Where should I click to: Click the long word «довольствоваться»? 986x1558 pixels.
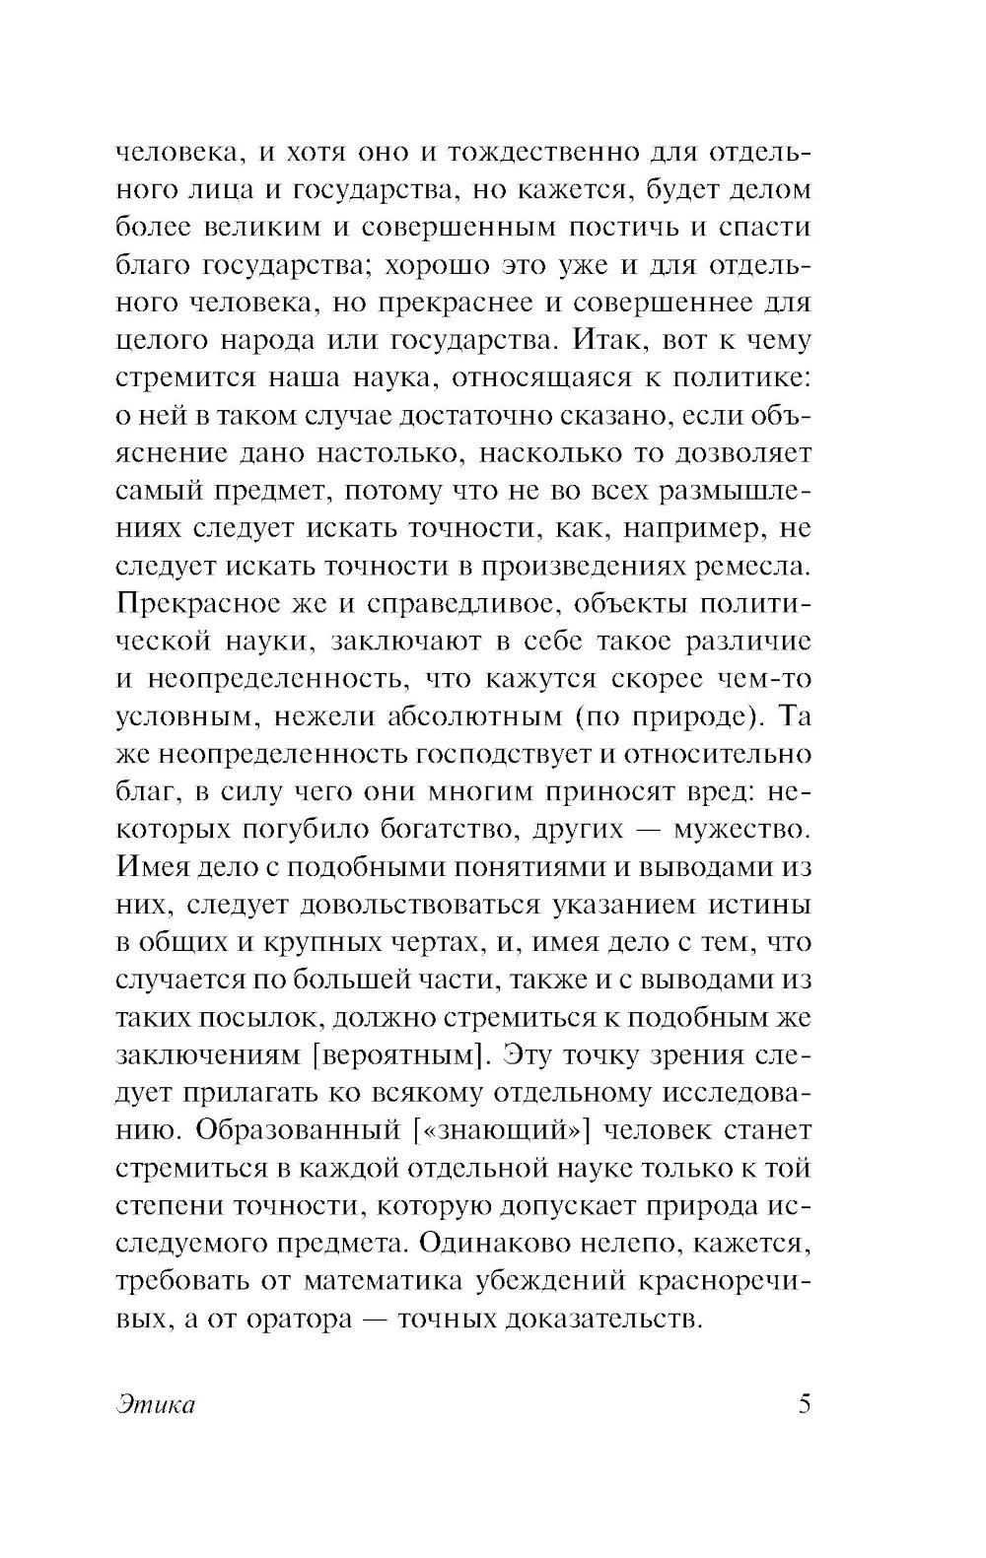(419, 905)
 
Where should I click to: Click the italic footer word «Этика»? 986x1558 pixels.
(155, 1404)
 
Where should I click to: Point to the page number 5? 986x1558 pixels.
(804, 1403)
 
